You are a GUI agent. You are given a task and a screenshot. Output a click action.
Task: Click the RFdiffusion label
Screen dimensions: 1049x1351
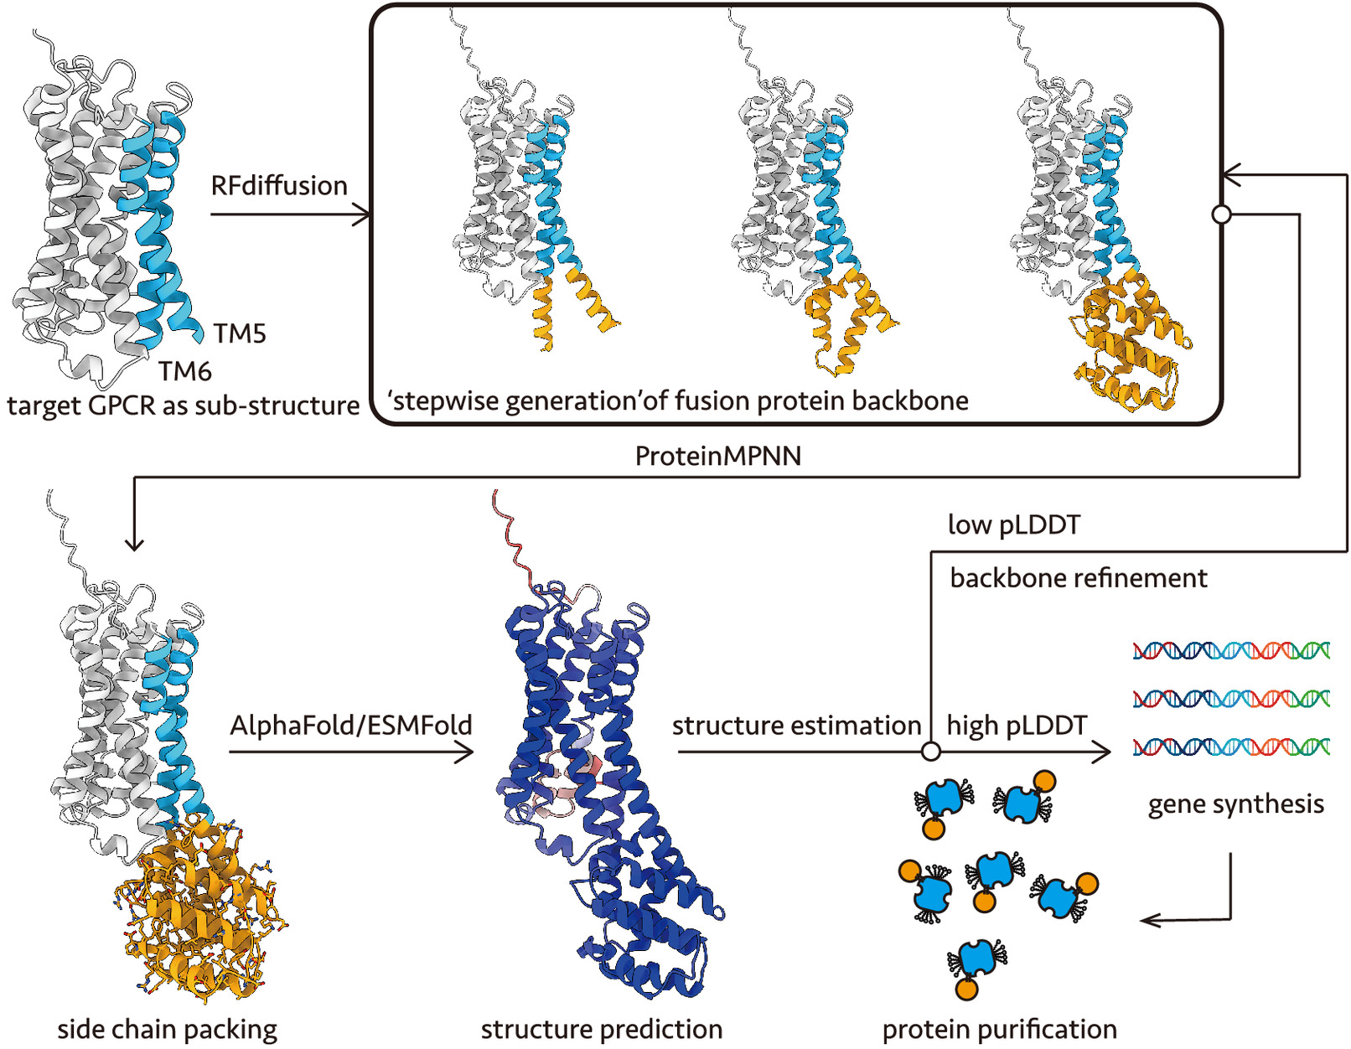click(279, 185)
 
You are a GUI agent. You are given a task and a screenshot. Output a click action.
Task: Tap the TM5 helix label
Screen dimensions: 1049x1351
click(240, 333)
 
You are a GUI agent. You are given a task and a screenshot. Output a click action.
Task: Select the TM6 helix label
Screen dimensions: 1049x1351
click(185, 370)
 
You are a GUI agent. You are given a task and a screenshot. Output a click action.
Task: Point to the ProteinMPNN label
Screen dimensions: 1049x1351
click(718, 456)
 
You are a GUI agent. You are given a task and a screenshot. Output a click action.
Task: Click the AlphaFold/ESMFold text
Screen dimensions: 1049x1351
click(351, 725)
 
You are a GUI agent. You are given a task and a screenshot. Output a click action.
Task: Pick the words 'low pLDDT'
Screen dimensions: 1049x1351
click(1014, 524)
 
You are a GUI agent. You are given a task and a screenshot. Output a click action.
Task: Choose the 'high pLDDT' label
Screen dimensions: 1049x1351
click(1017, 725)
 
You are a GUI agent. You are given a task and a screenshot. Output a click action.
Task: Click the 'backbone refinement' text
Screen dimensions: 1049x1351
click(1079, 578)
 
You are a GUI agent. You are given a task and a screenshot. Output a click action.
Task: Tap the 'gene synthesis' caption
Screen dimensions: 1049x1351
click(1235, 804)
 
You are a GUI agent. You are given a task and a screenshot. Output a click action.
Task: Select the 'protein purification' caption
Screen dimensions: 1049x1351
click(999, 1029)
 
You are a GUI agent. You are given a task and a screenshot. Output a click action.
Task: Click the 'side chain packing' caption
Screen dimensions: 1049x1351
click(167, 1029)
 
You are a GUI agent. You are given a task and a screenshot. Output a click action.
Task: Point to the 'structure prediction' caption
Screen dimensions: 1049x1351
click(601, 1029)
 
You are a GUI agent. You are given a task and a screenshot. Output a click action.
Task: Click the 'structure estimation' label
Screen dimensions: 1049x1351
click(796, 725)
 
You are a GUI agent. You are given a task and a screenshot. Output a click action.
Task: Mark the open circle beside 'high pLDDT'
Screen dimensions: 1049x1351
click(930, 752)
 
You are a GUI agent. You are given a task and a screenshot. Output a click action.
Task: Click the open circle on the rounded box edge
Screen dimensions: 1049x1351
click(1221, 214)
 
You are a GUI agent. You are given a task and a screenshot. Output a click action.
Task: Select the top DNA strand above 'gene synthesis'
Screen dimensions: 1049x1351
click(1231, 650)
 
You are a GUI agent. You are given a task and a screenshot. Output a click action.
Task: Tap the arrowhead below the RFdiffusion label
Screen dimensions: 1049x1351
click(362, 215)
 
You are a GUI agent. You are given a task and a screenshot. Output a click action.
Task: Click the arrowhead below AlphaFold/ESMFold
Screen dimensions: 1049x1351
click(465, 752)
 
